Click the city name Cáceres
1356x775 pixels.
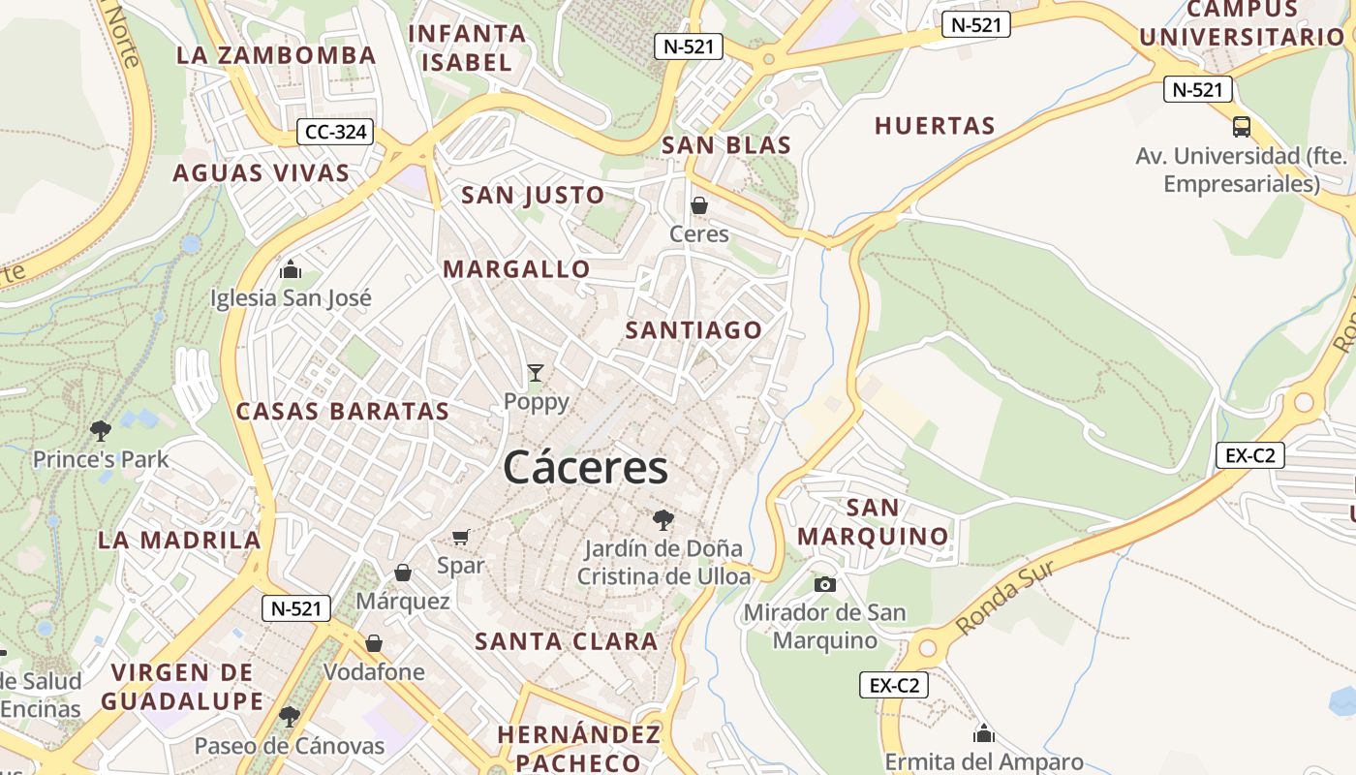point(585,468)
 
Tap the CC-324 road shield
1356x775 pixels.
point(335,132)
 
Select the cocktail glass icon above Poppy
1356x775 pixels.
point(536,372)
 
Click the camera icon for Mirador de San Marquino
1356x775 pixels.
point(824,583)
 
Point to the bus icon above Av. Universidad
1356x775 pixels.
point(1241,126)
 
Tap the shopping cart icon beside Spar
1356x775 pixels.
point(461,537)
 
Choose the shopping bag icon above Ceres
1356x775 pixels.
point(698,205)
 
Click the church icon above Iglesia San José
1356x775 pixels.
point(291,269)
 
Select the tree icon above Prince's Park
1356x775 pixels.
point(100,430)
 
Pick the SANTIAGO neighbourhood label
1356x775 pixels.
point(693,330)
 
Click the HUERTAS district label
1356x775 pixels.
point(935,126)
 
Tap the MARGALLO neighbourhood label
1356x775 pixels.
point(516,269)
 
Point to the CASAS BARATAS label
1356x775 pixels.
point(343,411)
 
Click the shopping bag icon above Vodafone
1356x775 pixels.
point(374,643)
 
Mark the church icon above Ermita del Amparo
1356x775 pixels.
point(984,733)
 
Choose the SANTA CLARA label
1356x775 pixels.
point(567,640)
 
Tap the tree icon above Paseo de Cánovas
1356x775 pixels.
point(289,717)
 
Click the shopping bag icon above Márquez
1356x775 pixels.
point(403,573)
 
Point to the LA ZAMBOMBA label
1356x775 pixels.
point(276,55)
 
